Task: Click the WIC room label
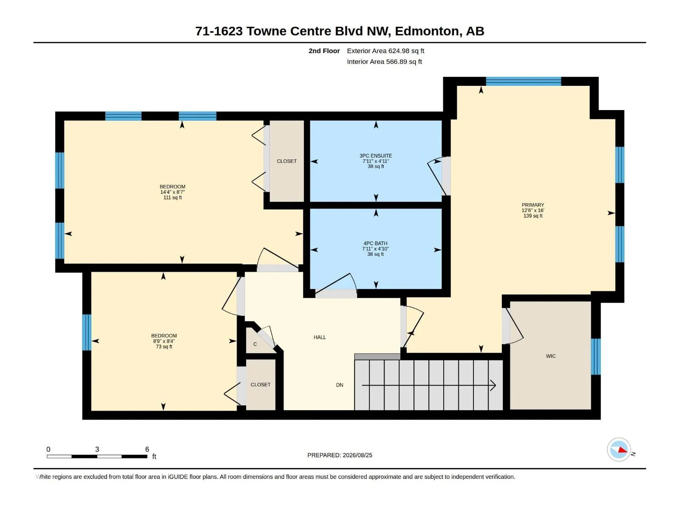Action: pyautogui.click(x=550, y=356)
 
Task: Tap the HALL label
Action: pyautogui.click(x=320, y=337)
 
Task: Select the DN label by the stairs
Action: pyautogui.click(x=340, y=385)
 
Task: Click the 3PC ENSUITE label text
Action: pyautogui.click(x=376, y=156)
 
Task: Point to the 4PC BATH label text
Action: pyautogui.click(x=375, y=244)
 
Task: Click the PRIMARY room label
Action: pyautogui.click(x=533, y=205)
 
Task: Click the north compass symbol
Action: pyautogui.click(x=619, y=450)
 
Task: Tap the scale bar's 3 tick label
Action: pyautogui.click(x=97, y=449)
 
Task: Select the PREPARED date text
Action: pyautogui.click(x=340, y=455)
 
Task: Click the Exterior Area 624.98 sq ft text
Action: pyautogui.click(x=385, y=51)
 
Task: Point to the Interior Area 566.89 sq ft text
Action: pyautogui.click(x=385, y=62)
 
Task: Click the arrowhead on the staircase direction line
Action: pyautogui.click(x=493, y=385)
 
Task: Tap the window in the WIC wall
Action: pyautogui.click(x=596, y=357)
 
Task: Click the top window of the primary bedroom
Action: pyautogui.click(x=524, y=82)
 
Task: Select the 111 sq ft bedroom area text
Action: pyautogui.click(x=173, y=198)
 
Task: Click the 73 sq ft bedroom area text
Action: pyautogui.click(x=164, y=347)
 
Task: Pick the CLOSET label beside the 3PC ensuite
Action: pyautogui.click(x=286, y=161)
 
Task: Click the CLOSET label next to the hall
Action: pyautogui.click(x=261, y=385)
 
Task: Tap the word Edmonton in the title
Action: pyautogui.click(x=427, y=31)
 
